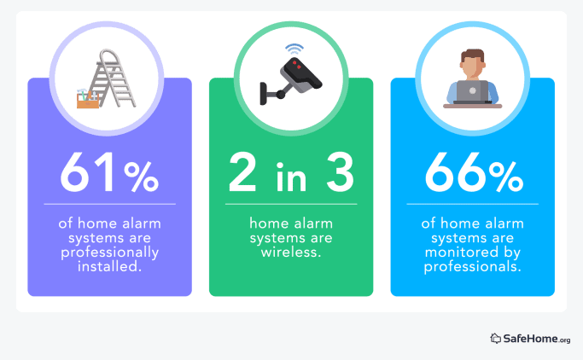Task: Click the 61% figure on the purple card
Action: point(109,173)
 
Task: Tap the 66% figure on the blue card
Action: point(472,173)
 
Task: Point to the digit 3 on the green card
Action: point(337,173)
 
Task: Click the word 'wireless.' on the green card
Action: point(291,253)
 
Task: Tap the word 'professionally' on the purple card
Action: point(109,253)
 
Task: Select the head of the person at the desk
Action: point(472,62)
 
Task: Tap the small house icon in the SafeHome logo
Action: point(495,339)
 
